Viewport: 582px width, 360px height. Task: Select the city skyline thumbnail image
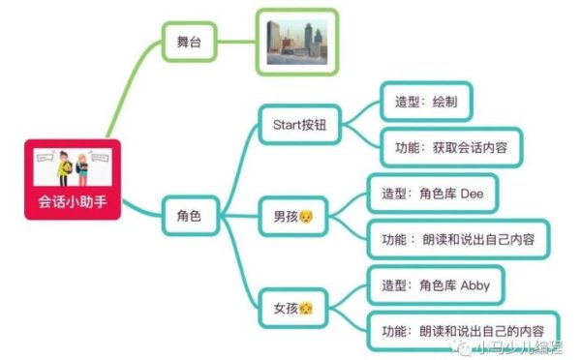click(297, 42)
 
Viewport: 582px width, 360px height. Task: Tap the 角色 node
click(190, 215)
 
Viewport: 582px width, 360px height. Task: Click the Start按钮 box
click(299, 125)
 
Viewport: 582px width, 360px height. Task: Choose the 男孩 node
click(292, 214)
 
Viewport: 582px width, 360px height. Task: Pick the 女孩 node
click(292, 307)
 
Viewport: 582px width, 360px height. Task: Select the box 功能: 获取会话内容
click(451, 148)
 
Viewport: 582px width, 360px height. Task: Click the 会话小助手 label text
click(73, 203)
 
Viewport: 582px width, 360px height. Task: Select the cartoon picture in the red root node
click(73, 166)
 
